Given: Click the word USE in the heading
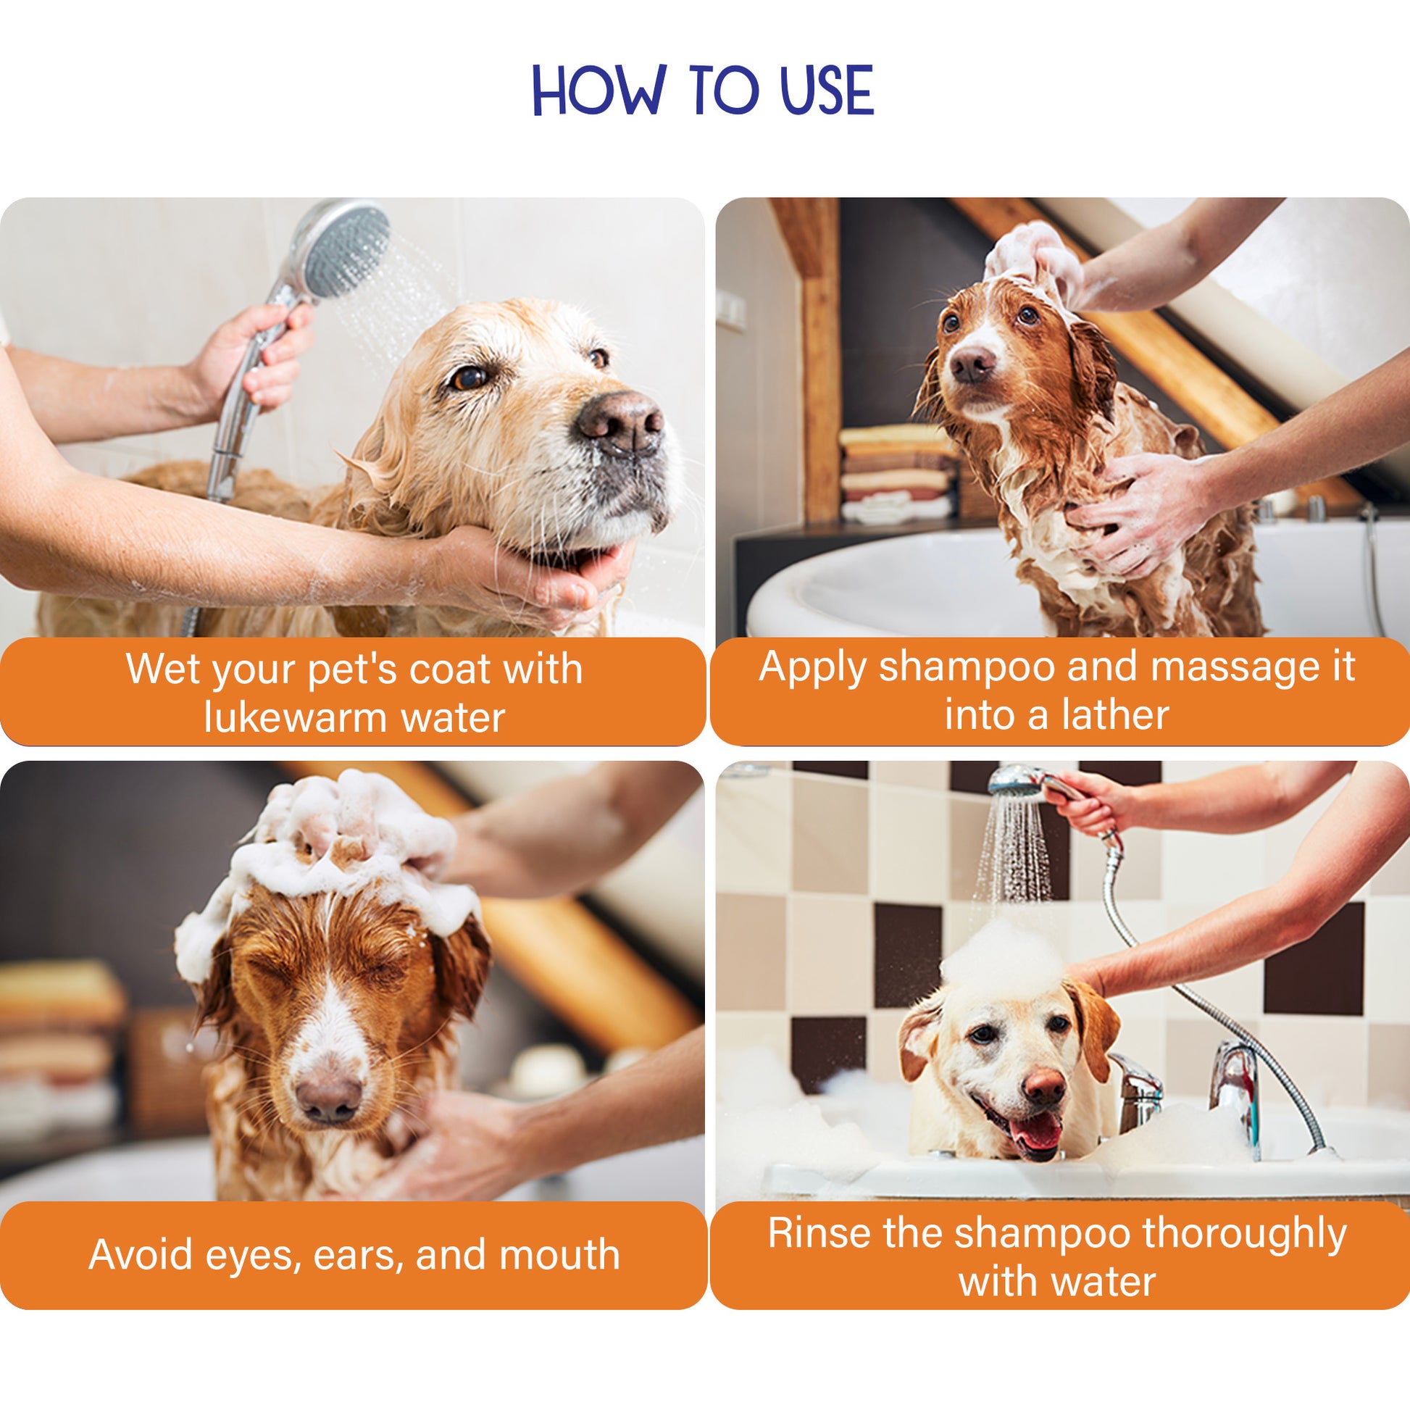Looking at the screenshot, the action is pos(826,90).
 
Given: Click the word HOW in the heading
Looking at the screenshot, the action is pos(599,90).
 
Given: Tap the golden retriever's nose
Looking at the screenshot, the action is pos(620,421).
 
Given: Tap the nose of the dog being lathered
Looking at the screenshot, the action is pos(973,363).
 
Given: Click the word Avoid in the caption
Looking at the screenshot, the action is pos(138,1254).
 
